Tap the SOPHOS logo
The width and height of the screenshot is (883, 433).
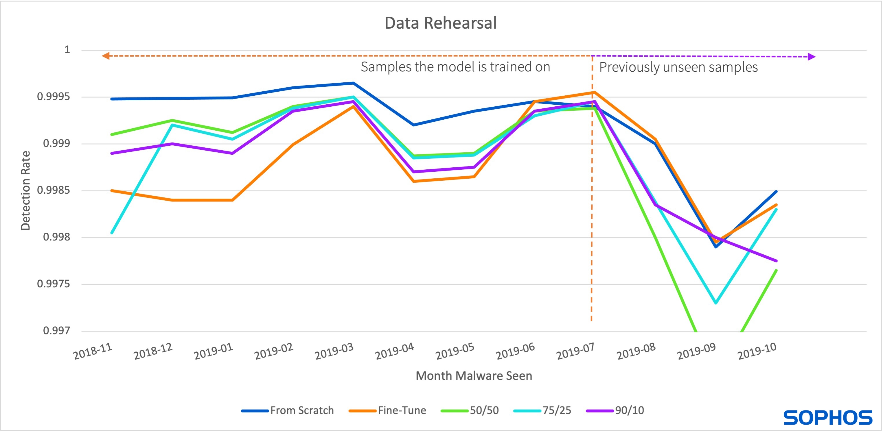click(828, 418)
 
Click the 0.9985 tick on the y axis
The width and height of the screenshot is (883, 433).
click(53, 190)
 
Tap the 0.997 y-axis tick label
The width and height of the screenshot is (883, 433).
click(56, 331)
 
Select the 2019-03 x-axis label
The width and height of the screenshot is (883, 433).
click(334, 351)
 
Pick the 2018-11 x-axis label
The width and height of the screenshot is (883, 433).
click(93, 351)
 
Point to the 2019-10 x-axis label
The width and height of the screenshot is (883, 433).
click(757, 351)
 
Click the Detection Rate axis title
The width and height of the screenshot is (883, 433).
click(26, 190)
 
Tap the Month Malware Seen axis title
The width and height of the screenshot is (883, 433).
click(474, 376)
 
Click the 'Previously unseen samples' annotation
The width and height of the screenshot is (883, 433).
click(678, 67)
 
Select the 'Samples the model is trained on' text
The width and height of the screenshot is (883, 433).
click(455, 67)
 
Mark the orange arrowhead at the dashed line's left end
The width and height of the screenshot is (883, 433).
click(106, 55)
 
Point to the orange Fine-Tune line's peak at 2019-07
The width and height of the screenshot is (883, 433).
click(594, 92)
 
